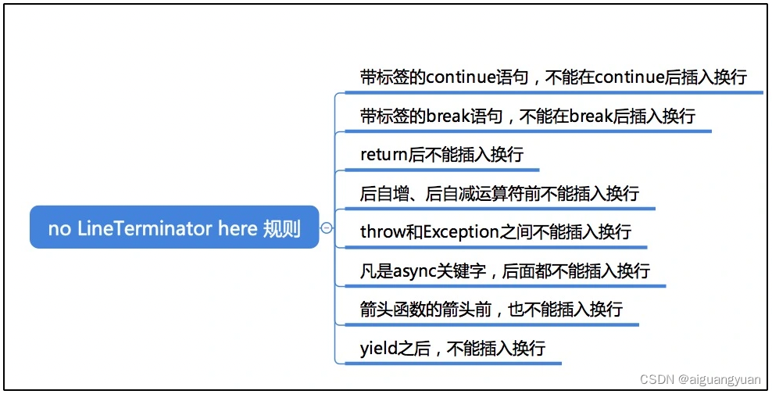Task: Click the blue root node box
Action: pyautogui.click(x=174, y=227)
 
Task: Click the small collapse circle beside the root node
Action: pyautogui.click(x=327, y=227)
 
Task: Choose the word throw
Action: pyautogui.click(x=381, y=232)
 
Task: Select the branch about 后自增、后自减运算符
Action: pyautogui.click(x=499, y=193)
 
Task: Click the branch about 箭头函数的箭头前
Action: pyautogui.click(x=491, y=310)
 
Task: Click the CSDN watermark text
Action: pyautogui.click(x=656, y=379)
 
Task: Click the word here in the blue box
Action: pyautogui.click(x=238, y=229)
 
